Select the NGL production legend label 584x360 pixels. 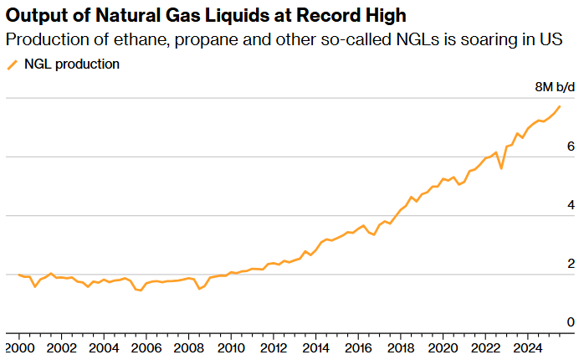point(71,64)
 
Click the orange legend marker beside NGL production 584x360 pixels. point(13,64)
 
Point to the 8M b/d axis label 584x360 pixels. point(555,87)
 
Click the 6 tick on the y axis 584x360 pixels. point(571,147)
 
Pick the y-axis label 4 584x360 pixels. point(571,205)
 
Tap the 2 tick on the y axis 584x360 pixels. point(571,264)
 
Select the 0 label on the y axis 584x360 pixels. point(571,322)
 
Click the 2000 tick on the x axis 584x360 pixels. point(18,347)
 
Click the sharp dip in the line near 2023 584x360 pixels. point(501,168)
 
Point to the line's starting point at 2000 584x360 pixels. point(18,275)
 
